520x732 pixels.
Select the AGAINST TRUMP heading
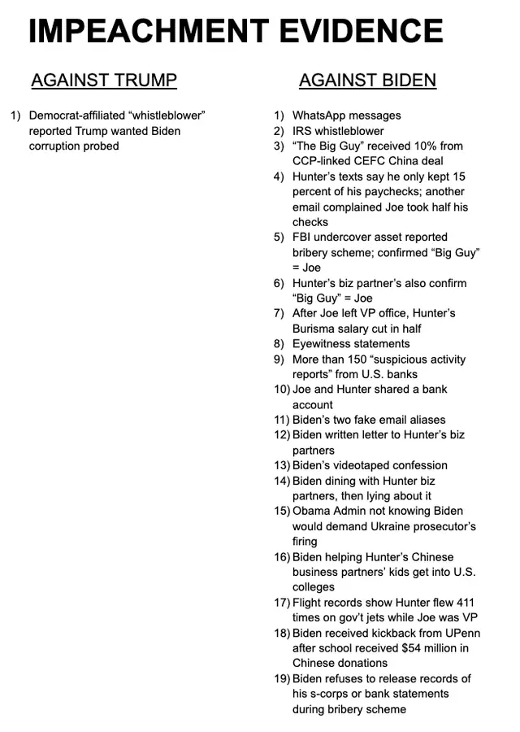[x=103, y=81]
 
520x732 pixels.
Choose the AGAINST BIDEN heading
[x=367, y=81]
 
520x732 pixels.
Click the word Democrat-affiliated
[x=76, y=115]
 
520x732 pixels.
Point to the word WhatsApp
[x=319, y=115]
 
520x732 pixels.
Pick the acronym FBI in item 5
[x=303, y=237]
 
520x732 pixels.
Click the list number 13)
[x=281, y=465]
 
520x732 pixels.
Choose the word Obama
[x=311, y=511]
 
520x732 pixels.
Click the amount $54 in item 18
[x=417, y=648]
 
